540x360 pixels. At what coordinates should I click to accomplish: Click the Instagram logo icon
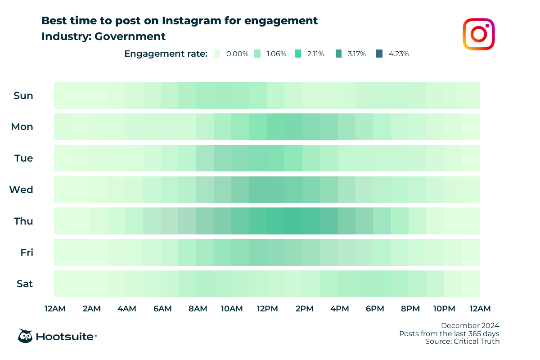(x=479, y=34)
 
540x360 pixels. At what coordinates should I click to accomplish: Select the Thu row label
(x=23, y=221)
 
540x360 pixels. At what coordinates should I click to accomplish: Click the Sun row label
(x=23, y=95)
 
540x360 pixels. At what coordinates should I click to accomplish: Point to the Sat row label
(x=24, y=284)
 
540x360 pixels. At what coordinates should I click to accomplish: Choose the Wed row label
(x=22, y=189)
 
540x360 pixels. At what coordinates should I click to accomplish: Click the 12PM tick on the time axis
(x=267, y=309)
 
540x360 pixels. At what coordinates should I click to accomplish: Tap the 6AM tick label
(x=162, y=309)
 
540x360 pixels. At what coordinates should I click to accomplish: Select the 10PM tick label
(x=444, y=309)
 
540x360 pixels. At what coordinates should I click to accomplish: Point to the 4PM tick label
(x=339, y=309)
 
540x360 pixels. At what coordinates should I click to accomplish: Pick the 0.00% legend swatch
(x=217, y=54)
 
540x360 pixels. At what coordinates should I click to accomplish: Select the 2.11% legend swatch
(x=298, y=54)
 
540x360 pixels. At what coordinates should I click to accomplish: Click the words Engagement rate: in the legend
(x=166, y=54)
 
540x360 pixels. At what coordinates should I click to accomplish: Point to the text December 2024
(x=470, y=325)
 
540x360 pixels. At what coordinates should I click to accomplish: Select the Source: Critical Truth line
(x=463, y=342)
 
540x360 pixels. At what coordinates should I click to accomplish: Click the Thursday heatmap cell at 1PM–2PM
(x=293, y=221)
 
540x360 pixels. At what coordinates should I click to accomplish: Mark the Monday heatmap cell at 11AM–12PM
(x=258, y=127)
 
